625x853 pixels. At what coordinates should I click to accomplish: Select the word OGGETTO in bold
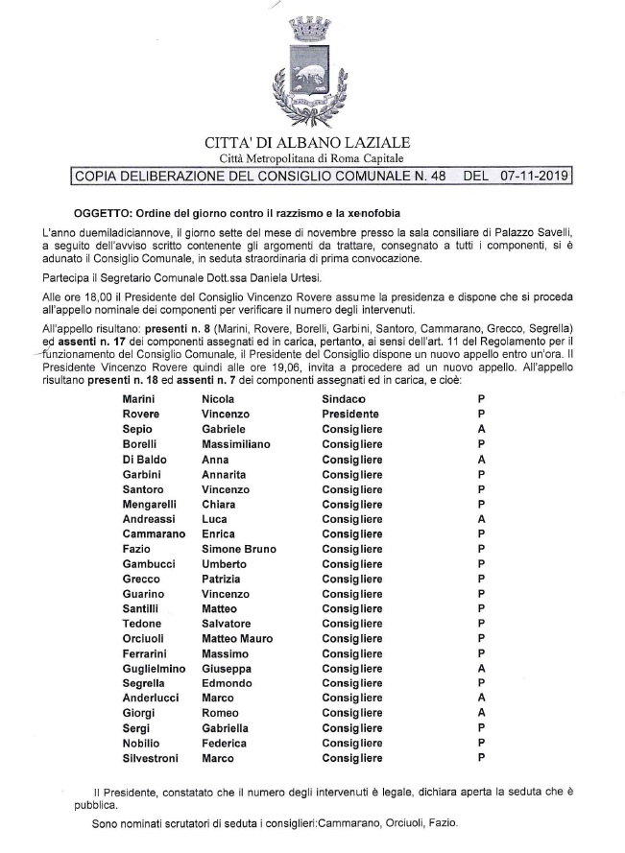point(100,212)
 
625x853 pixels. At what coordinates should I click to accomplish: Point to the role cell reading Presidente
point(351,413)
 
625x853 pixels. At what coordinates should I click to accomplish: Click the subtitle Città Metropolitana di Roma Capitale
point(313,158)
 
